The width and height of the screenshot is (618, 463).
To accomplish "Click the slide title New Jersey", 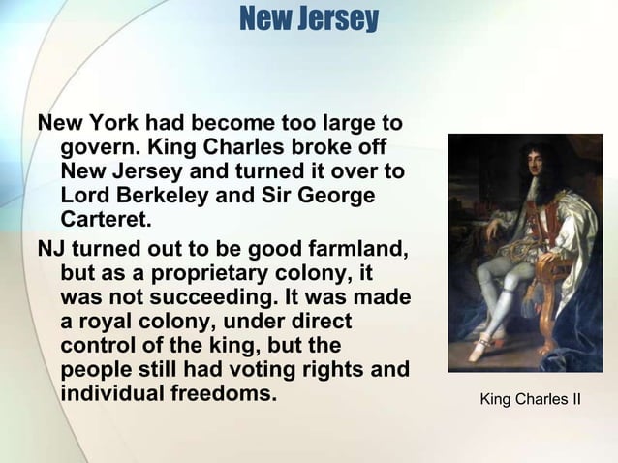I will click(x=308, y=19).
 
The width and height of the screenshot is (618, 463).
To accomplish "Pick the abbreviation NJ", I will click(x=49, y=248).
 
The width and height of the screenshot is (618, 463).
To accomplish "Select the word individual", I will click(x=117, y=396).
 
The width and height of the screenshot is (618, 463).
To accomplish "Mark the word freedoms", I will click(x=229, y=396).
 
